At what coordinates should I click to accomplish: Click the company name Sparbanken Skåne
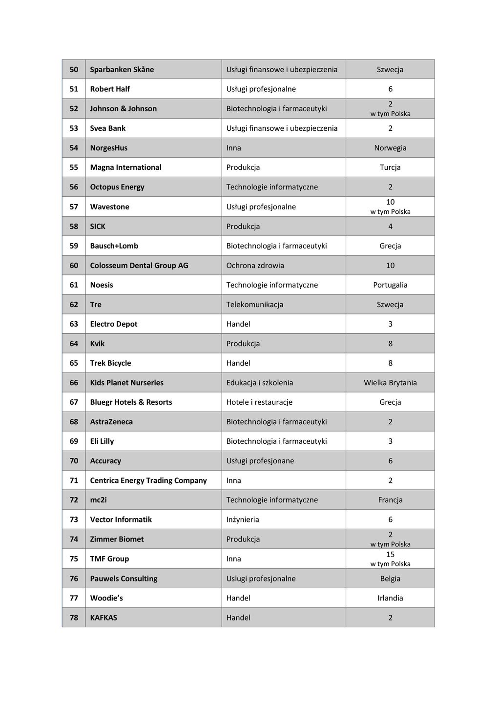click(x=122, y=69)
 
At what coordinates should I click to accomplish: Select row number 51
click(x=74, y=89)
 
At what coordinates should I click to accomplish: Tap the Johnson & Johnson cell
click(x=124, y=108)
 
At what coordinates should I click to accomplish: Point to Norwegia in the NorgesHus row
click(x=390, y=148)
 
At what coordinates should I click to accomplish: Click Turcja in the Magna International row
click(x=390, y=167)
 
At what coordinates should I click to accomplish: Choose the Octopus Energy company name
click(x=117, y=187)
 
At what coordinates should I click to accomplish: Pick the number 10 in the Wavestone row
click(x=390, y=202)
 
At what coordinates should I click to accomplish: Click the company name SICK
click(x=98, y=226)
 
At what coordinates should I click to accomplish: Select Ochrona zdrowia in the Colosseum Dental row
click(x=255, y=266)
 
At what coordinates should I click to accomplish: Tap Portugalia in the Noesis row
click(x=390, y=285)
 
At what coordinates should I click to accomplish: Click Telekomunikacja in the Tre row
click(x=254, y=305)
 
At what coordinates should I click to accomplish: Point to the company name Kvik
click(x=97, y=344)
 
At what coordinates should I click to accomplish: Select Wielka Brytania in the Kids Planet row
click(x=390, y=383)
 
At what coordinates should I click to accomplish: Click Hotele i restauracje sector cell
click(x=259, y=402)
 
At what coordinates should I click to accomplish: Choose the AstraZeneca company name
click(x=111, y=422)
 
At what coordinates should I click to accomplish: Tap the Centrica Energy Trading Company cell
click(x=148, y=480)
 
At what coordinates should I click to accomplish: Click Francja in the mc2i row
click(x=390, y=500)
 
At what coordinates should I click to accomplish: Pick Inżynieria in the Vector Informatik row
click(x=243, y=519)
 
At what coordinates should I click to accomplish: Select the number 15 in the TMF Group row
click(x=390, y=555)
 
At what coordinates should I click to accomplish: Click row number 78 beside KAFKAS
click(x=74, y=618)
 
